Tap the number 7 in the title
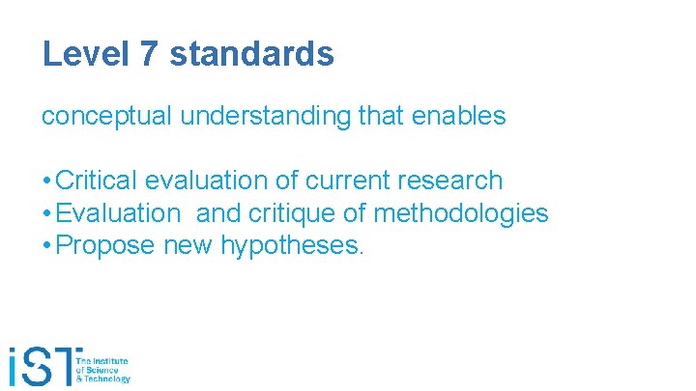[x=149, y=54]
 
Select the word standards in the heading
[x=251, y=54]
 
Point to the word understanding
[x=261, y=117]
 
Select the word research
[x=452, y=181]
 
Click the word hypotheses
[x=291, y=246]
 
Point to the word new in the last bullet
[x=188, y=246]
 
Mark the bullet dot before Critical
[x=46, y=181]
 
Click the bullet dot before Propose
[x=46, y=246]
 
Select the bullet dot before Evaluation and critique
[x=46, y=213]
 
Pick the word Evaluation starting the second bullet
[x=119, y=213]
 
